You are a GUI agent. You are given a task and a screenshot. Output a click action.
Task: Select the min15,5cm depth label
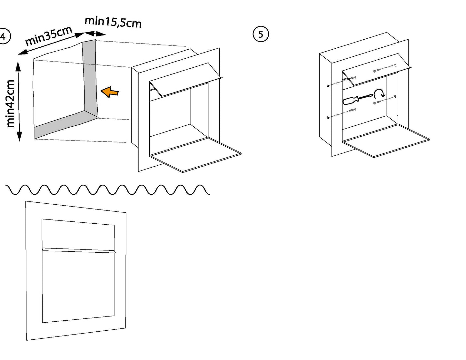113,22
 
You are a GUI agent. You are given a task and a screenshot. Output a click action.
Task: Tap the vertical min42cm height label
10,104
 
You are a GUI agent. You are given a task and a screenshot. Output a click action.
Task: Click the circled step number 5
261,34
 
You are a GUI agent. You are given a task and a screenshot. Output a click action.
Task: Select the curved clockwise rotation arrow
380,94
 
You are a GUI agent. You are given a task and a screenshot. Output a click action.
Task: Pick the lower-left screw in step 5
352,110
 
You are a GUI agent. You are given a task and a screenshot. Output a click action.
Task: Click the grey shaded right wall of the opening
90,77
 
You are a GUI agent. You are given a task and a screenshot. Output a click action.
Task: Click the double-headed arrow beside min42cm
19,101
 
